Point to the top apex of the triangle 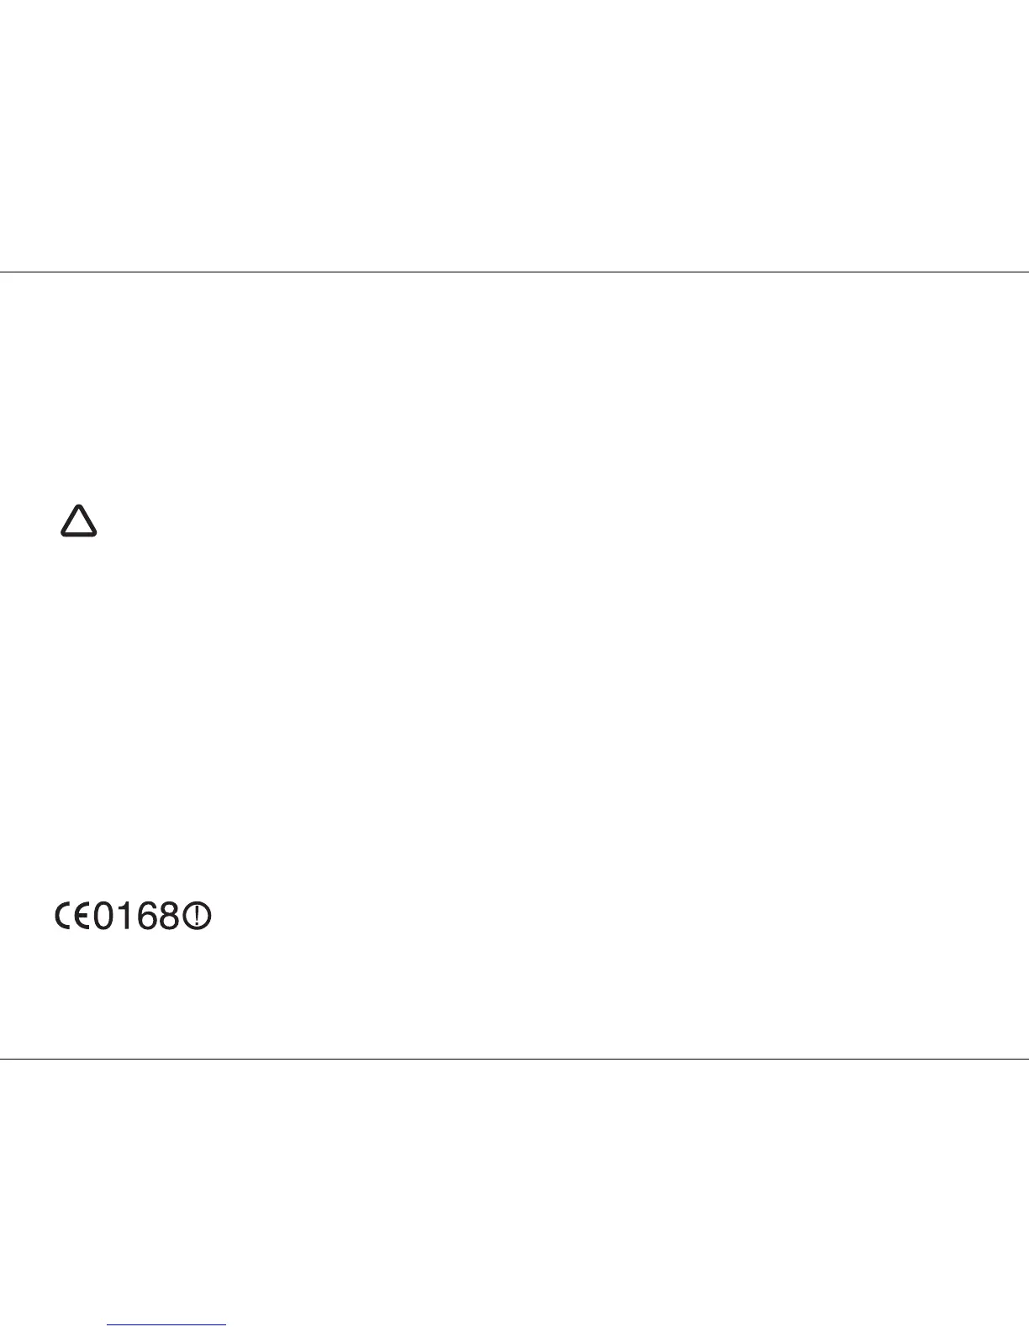click(x=78, y=507)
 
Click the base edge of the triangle click(x=78, y=534)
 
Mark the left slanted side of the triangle click(x=69, y=521)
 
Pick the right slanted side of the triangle click(x=87, y=521)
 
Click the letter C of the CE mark click(x=63, y=916)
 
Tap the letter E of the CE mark click(x=82, y=916)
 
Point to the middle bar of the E click(x=83, y=916)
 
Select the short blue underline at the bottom click(x=166, y=1326)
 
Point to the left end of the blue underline click(x=108, y=1326)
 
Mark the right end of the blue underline click(x=225, y=1326)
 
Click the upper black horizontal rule click(x=514, y=272)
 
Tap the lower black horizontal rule click(x=514, y=1059)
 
